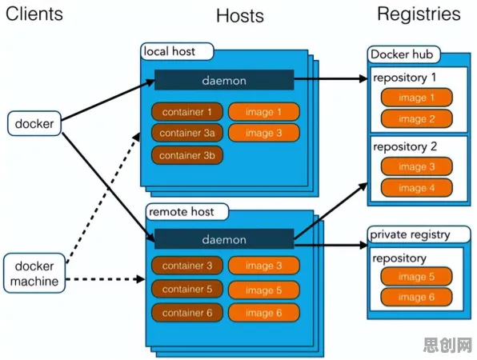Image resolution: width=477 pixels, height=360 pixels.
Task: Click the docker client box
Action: [x=34, y=123]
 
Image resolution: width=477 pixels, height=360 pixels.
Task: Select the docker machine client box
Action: [x=34, y=273]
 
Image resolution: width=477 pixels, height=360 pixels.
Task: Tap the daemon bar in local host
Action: [x=224, y=80]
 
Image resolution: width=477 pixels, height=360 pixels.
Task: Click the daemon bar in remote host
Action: [x=224, y=239]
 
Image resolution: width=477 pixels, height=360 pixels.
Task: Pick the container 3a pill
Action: [x=187, y=133]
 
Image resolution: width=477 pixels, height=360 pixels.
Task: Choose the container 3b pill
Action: [x=187, y=155]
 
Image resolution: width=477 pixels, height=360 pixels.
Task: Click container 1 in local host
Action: [x=187, y=111]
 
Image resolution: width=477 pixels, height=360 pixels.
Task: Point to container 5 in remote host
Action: [x=187, y=289]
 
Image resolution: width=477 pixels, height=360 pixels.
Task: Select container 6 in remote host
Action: [x=187, y=313]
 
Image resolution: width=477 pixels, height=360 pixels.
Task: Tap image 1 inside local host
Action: [x=264, y=111]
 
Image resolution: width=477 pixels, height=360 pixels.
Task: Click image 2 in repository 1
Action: [x=417, y=119]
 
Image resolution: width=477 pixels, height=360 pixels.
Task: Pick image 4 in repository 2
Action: [x=417, y=188]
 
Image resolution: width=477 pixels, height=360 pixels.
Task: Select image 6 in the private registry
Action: [x=416, y=297]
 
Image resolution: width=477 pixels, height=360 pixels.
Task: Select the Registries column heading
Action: [x=419, y=14]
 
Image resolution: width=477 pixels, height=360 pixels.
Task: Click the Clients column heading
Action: [x=34, y=14]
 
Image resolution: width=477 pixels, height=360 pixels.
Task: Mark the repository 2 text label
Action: [x=405, y=147]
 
